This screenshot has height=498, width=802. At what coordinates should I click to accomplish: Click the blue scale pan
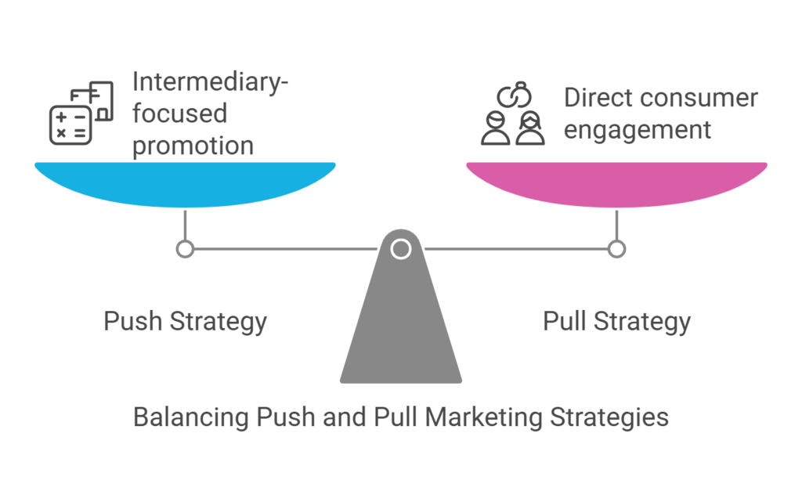pos(185,182)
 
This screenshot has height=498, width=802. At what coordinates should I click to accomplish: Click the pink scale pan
pos(616,182)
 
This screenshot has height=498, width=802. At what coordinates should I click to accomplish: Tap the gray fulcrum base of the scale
pos(401,329)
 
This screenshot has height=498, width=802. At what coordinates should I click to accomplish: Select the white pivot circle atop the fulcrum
pos(401,249)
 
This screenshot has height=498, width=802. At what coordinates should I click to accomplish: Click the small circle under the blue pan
pos(185,249)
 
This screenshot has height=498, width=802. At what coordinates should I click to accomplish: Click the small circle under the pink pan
pos(616,249)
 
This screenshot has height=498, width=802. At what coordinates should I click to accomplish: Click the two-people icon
pos(513,129)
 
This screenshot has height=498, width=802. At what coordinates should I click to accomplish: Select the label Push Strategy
pos(185,322)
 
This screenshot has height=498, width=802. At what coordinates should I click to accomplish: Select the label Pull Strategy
pos(616,322)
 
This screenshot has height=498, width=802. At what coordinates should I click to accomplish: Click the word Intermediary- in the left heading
pos(210,81)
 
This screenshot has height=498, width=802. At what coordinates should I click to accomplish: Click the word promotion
pos(193,146)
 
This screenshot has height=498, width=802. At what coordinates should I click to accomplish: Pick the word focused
pos(179,114)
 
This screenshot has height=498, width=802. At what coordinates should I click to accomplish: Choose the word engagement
pos(638,130)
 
